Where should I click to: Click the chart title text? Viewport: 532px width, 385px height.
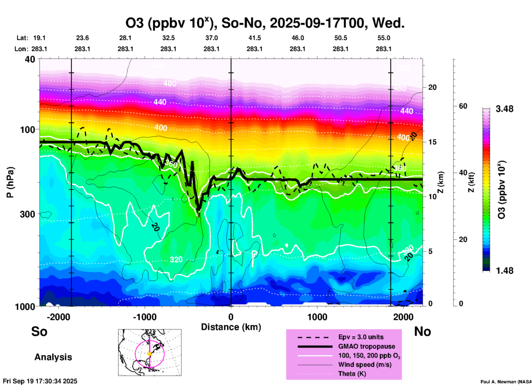tap(265, 23)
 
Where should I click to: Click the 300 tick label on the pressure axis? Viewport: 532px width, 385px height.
tap(28, 214)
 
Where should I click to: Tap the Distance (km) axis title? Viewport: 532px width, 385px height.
tap(231, 327)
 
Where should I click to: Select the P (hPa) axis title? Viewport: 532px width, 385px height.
tap(10, 182)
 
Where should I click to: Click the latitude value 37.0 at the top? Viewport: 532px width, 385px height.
tap(211, 38)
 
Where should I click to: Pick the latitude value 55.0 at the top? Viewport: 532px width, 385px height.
tap(384, 38)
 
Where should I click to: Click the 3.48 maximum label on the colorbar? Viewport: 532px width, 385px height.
tap(504, 109)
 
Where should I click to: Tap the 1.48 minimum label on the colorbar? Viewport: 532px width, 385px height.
tap(504, 271)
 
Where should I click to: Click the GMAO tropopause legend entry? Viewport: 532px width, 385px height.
tap(367, 346)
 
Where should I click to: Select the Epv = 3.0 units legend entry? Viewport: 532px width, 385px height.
tap(361, 337)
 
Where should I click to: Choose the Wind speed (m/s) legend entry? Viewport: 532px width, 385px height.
tap(365, 365)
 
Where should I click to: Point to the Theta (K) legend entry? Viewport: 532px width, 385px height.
tap(352, 374)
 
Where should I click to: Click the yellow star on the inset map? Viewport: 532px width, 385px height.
tap(150, 354)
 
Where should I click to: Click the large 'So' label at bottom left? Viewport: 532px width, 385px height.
tap(39, 331)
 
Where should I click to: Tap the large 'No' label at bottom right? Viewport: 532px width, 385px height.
tap(422, 331)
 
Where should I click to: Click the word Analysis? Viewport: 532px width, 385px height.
tap(53, 357)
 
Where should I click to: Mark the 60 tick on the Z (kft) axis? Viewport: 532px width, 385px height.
tap(463, 106)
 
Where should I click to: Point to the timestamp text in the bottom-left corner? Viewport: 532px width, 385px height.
tap(40, 381)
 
